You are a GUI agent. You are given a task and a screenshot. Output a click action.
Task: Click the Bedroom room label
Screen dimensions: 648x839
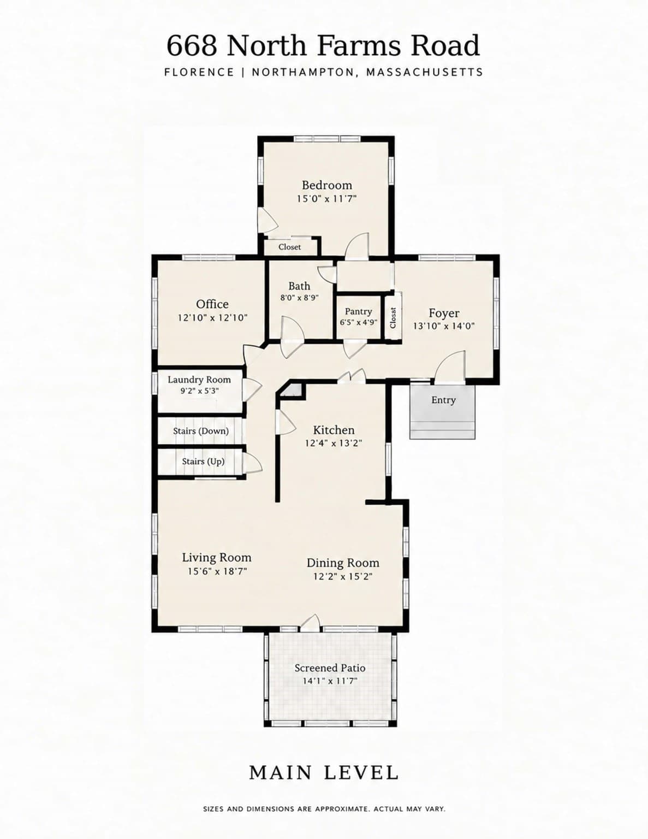tap(326, 185)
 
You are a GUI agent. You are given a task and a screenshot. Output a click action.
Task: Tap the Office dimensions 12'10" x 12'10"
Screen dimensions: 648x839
tap(212, 318)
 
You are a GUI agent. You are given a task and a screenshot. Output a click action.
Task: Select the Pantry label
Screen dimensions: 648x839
tap(358, 311)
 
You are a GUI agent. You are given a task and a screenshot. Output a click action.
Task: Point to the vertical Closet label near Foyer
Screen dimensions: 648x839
tap(393, 318)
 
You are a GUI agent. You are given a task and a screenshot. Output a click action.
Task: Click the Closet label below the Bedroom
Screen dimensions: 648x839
tap(289, 247)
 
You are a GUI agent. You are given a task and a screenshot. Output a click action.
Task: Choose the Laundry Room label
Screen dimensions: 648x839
tap(199, 380)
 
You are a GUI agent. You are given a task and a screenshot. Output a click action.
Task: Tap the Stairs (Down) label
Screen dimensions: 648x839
tap(200, 431)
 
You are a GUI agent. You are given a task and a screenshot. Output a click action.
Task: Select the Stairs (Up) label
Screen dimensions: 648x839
tap(203, 462)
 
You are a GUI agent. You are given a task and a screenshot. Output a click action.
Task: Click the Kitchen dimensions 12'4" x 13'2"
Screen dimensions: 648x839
tap(333, 443)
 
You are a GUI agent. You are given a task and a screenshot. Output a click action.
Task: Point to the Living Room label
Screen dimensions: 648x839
tap(216, 558)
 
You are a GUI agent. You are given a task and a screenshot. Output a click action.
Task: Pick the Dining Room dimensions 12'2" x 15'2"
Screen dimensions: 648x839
tap(342, 576)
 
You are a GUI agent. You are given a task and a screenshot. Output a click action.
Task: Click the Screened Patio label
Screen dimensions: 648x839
tap(330, 668)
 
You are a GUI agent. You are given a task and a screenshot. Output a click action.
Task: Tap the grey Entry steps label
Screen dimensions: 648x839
tap(443, 400)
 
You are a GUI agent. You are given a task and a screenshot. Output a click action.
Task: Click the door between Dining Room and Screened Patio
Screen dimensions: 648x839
tap(310, 624)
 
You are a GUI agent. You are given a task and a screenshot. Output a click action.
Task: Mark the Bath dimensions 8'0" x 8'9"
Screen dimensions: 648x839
tap(299, 298)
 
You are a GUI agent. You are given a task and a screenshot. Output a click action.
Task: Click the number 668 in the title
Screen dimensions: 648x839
tap(192, 45)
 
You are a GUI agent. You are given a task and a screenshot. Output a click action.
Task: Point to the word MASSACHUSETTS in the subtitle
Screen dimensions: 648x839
tap(424, 72)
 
